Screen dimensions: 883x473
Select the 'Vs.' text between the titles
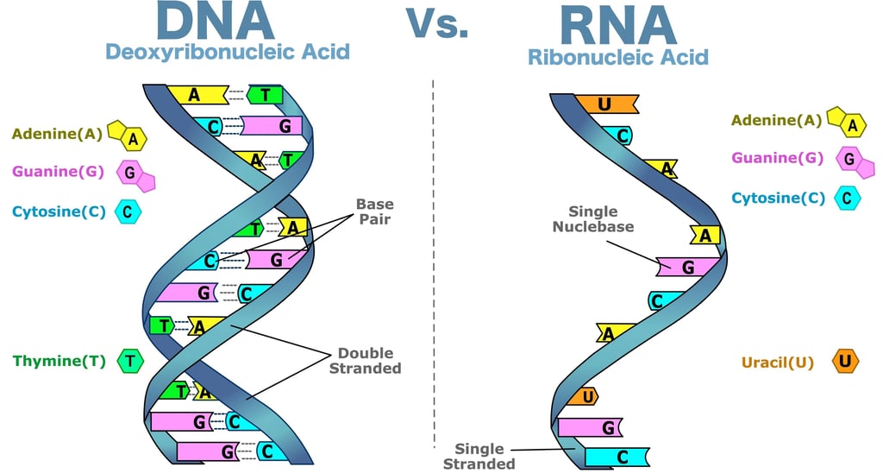(437, 23)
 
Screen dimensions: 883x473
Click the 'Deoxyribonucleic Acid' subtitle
(228, 52)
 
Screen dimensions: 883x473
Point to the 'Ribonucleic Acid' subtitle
(617, 57)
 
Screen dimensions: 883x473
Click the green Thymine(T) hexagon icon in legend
(130, 361)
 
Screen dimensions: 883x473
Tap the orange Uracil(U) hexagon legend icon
(845, 361)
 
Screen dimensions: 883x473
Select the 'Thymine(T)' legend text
(59, 361)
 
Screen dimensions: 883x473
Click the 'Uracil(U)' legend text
(778, 362)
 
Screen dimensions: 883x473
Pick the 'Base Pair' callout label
(375, 211)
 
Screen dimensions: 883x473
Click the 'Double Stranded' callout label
(366, 360)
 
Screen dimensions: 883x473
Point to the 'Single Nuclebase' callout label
(593, 218)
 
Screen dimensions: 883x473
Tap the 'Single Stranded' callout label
(479, 456)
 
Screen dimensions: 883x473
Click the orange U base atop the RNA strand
(606, 104)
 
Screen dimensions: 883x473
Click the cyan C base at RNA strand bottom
(617, 457)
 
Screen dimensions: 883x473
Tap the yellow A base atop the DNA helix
(197, 94)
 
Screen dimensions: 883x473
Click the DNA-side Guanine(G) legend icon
(135, 175)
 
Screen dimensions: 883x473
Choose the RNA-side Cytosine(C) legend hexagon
(847, 198)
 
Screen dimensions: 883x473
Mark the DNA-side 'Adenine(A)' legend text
(58, 134)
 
